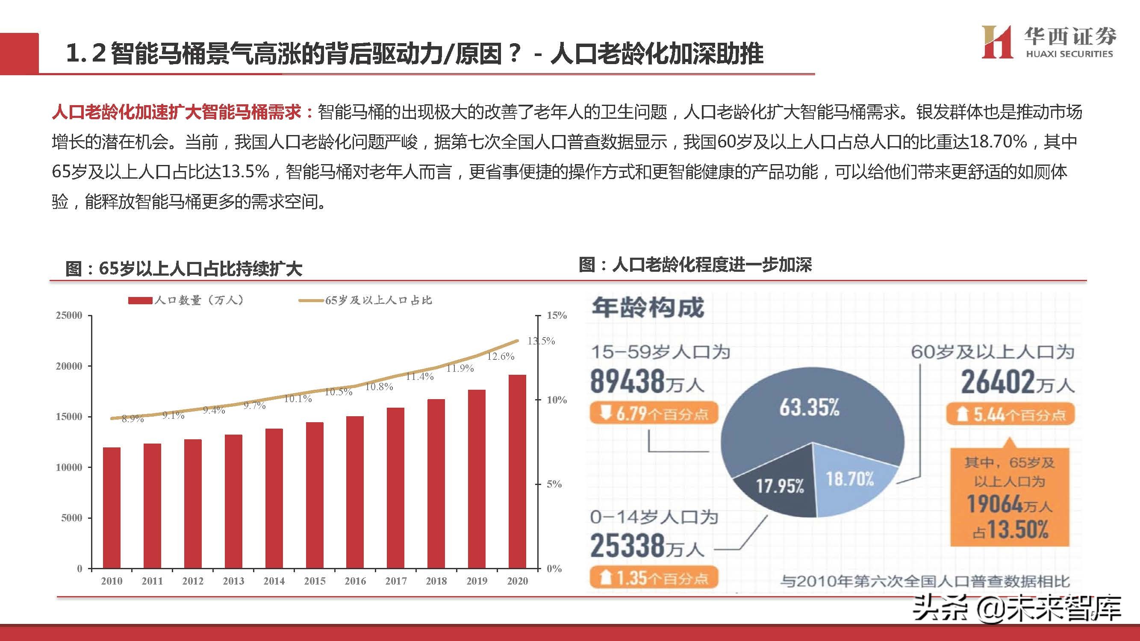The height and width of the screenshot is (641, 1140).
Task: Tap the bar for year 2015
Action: click(314, 495)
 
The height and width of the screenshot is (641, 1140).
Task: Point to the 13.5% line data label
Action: click(541, 341)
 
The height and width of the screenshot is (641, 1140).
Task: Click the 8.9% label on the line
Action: click(133, 419)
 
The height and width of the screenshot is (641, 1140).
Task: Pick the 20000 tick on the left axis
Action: click(69, 366)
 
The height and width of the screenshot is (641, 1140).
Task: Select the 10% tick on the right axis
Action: click(556, 400)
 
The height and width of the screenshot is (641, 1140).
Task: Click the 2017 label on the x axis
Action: click(396, 581)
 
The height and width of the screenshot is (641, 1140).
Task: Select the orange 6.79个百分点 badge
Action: click(653, 414)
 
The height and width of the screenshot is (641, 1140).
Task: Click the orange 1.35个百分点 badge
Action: click(653, 578)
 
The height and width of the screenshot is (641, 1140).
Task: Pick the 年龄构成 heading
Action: click(648, 308)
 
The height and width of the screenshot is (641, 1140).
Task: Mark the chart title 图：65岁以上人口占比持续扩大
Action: click(184, 269)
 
